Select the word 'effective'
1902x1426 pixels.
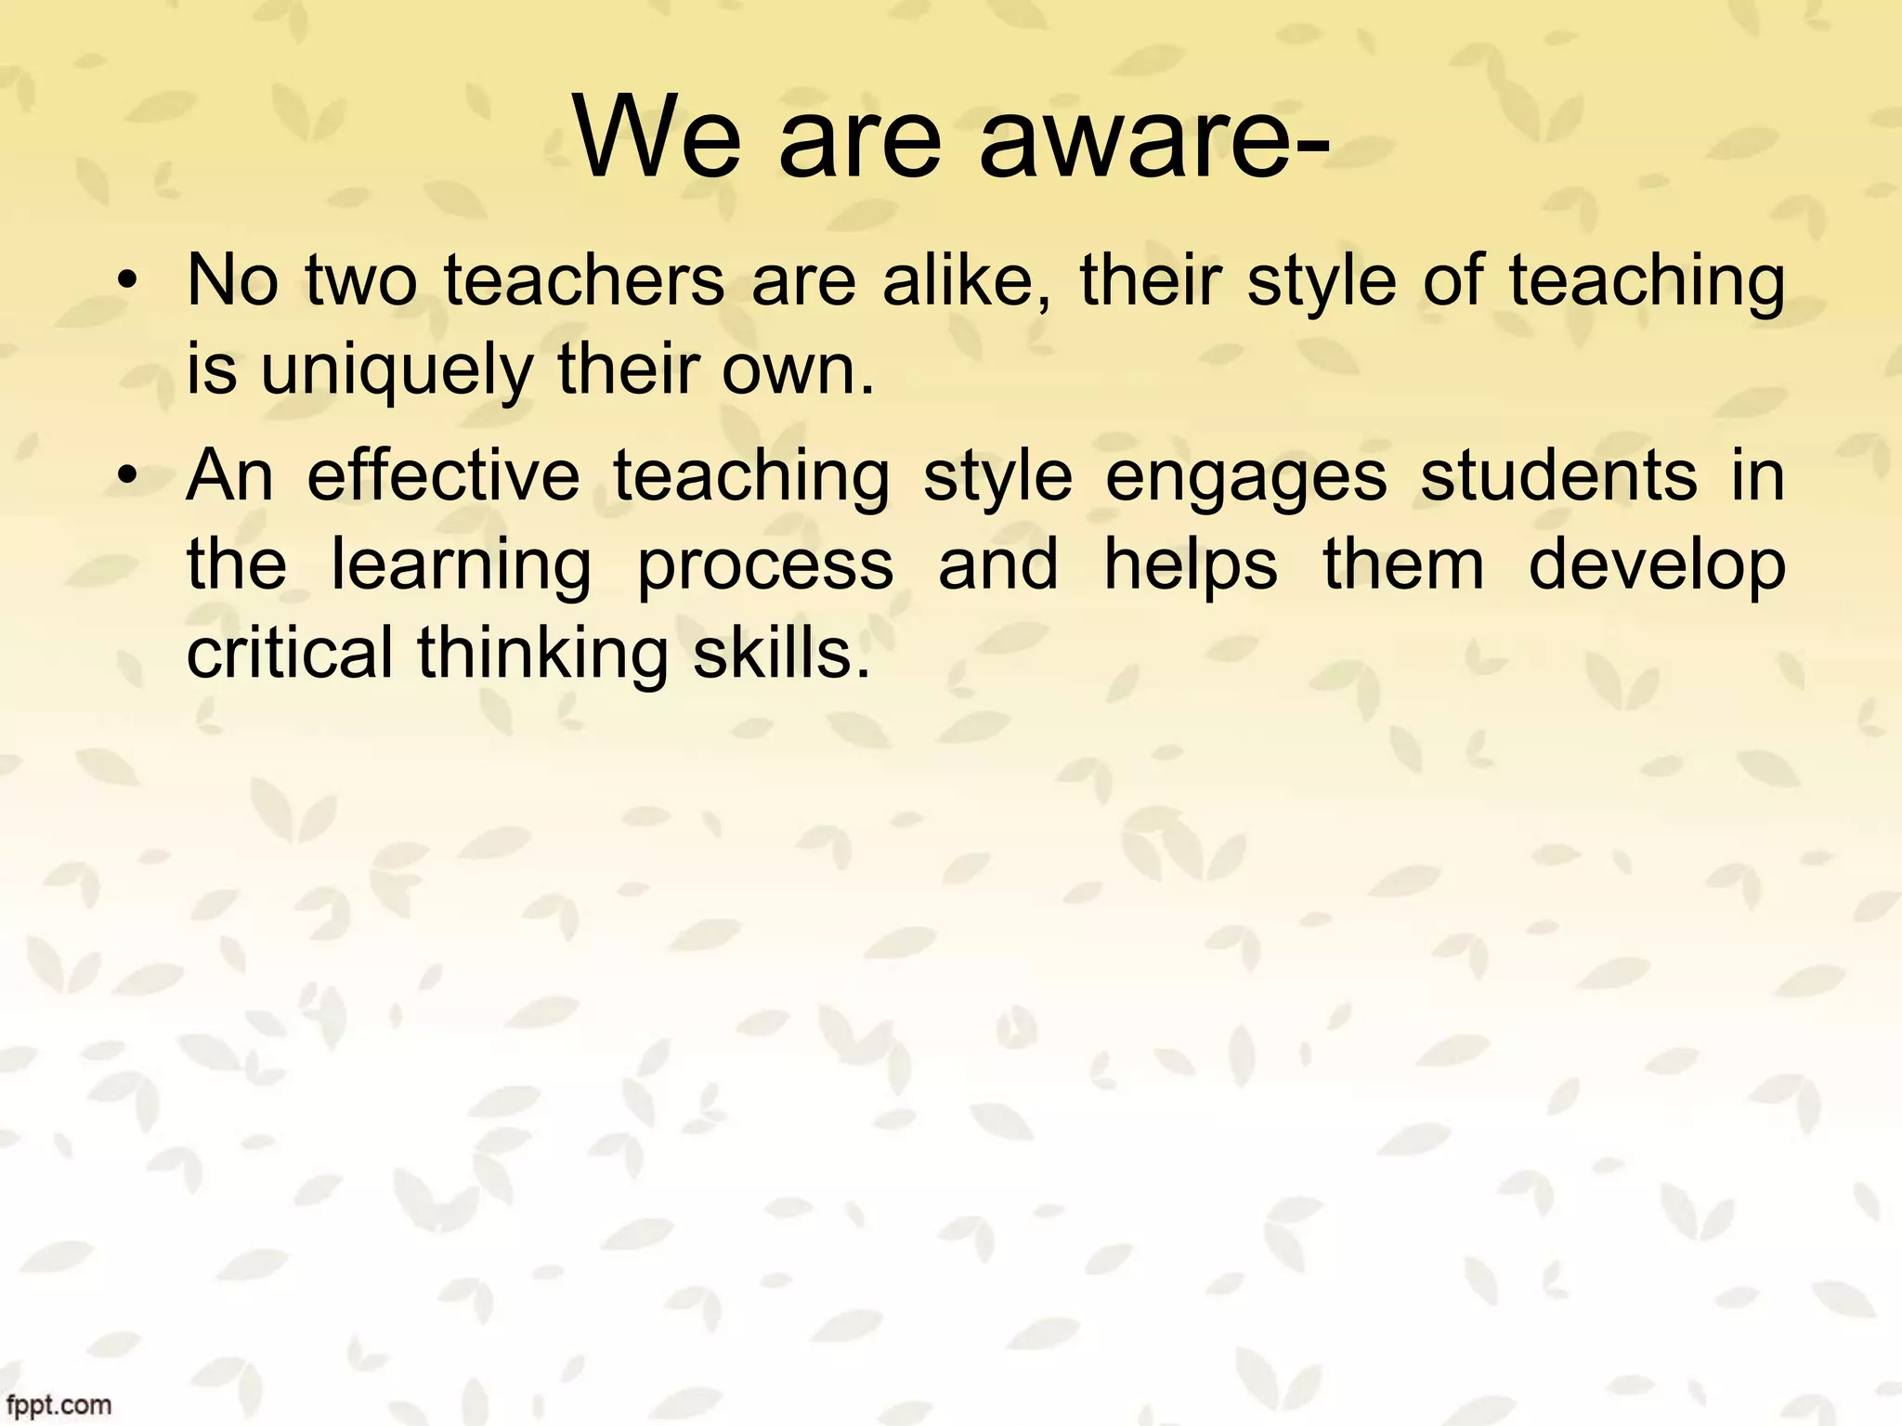(443, 476)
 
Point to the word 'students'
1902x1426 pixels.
(1559, 476)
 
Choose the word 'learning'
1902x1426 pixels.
(462, 565)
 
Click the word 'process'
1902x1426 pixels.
(765, 565)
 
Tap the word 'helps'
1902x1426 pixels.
(1191, 565)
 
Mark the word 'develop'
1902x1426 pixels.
(1657, 565)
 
